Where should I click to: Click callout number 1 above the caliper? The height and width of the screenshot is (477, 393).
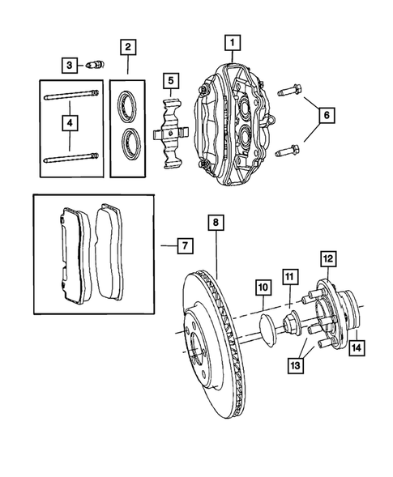[x=232, y=41]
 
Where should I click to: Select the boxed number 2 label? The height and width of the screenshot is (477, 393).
[x=127, y=47]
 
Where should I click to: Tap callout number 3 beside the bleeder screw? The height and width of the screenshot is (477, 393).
[x=70, y=65]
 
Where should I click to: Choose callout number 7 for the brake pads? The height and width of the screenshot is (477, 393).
[x=185, y=245]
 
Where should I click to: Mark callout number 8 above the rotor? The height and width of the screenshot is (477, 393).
[x=216, y=221]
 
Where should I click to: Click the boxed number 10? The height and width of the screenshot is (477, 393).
[x=263, y=287]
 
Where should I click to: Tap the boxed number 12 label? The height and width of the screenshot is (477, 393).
[x=327, y=258]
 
